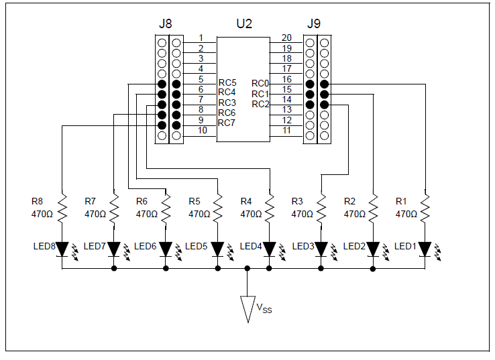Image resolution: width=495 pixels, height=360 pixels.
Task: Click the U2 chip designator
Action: click(244, 23)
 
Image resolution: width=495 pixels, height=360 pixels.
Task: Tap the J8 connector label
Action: click(166, 23)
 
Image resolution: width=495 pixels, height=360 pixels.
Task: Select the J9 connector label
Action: click(314, 23)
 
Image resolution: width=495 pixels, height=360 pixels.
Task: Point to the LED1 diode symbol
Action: click(425, 249)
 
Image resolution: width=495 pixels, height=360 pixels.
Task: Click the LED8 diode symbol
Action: click(62, 249)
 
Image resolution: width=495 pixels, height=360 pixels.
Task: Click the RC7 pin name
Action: click(227, 123)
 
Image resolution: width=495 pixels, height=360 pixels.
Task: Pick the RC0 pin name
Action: click(260, 83)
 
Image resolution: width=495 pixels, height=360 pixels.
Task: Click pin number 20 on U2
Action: click(286, 38)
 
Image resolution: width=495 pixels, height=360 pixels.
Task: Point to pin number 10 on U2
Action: click(202, 130)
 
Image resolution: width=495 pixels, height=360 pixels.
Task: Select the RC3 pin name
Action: click(227, 103)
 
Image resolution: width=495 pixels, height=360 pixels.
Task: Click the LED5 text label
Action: click(196, 246)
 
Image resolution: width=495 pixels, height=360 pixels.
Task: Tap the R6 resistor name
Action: click(142, 201)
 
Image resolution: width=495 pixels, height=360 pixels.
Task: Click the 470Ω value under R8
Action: click(42, 215)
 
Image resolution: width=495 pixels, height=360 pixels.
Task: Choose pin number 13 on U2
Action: click(286, 109)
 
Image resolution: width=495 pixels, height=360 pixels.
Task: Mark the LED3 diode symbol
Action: click(321, 249)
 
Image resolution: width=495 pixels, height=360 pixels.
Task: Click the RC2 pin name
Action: click(260, 104)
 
